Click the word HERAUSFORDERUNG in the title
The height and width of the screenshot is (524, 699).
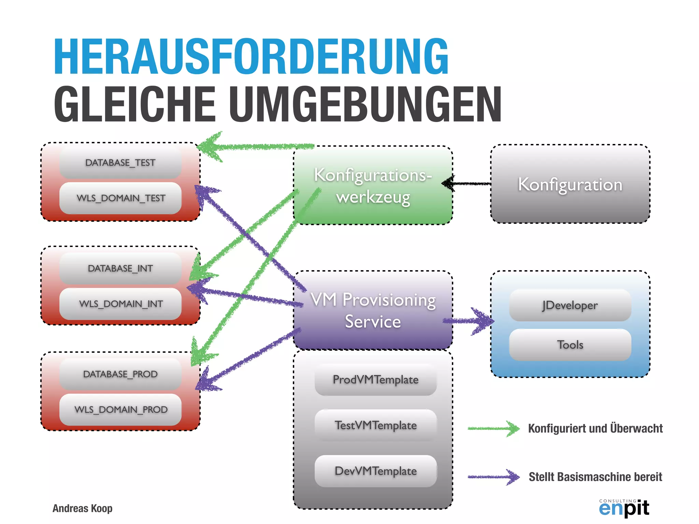[x=251, y=56]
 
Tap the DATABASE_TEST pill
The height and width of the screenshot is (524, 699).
[x=120, y=163]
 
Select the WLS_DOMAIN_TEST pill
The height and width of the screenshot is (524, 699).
[x=120, y=198]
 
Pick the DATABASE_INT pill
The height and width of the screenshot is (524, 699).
[x=120, y=268]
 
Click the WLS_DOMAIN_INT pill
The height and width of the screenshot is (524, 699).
[x=120, y=304]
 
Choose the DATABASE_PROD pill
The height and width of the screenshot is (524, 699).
[x=120, y=374]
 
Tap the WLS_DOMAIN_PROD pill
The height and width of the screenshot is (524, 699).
[x=120, y=410]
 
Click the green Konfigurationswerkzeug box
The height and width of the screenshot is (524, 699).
[x=373, y=186]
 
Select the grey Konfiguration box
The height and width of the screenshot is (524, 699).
[x=570, y=184]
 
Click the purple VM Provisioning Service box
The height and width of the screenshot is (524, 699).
[x=373, y=310]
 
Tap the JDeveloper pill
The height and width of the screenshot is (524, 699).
[x=570, y=305]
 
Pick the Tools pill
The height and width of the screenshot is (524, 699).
[x=570, y=345]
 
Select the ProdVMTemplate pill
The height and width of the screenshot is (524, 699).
[x=375, y=380]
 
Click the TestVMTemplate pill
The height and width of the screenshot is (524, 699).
[x=375, y=425]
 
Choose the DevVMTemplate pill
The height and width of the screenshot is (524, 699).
[x=375, y=471]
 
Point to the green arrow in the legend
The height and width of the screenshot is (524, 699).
[x=493, y=428]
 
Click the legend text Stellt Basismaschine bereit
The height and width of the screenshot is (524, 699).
[x=595, y=477]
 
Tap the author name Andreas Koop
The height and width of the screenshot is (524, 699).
[x=82, y=508]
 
